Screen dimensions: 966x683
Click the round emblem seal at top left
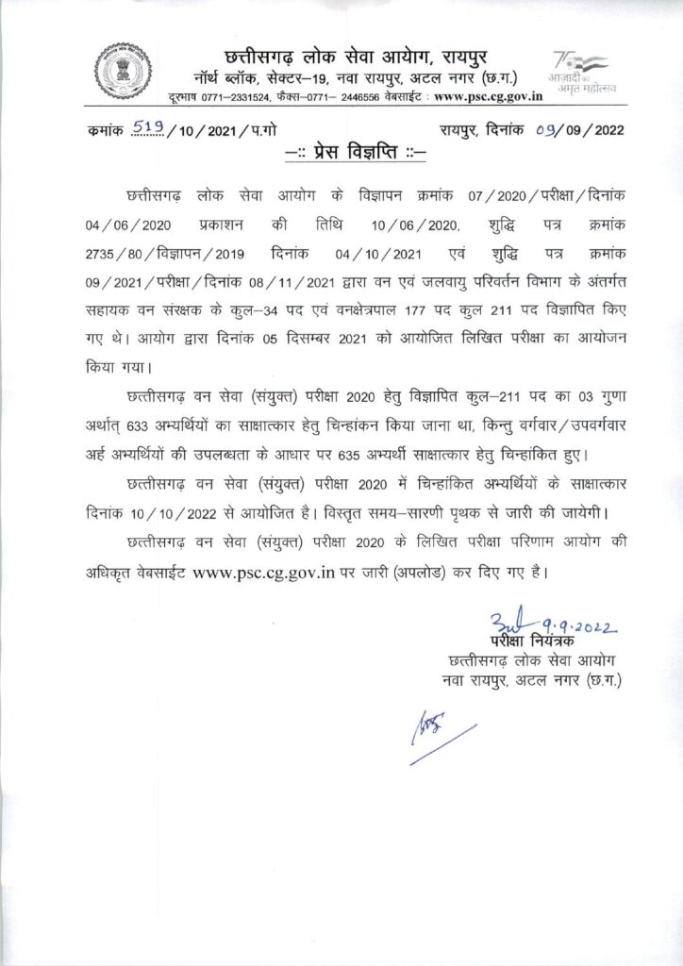(x=123, y=71)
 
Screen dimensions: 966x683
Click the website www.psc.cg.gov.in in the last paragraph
(x=264, y=572)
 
